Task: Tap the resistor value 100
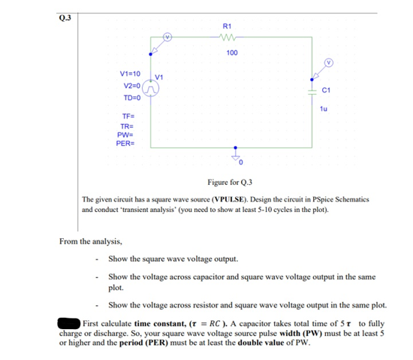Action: (232, 53)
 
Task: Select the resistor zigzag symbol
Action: (230, 37)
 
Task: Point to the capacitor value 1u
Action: (323, 108)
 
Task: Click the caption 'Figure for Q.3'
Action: (230, 183)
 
